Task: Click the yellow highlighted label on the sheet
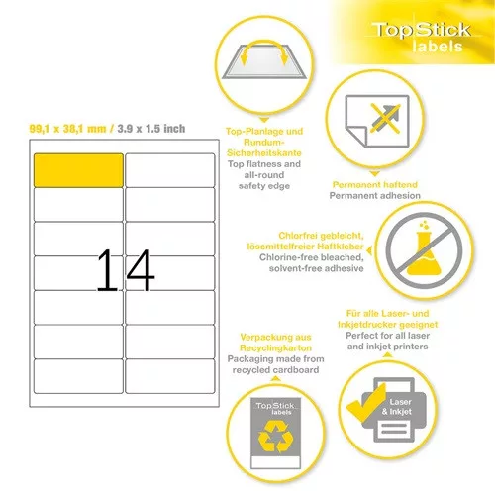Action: tap(78, 170)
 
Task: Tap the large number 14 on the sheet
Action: tap(126, 270)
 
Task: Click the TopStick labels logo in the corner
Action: tap(422, 37)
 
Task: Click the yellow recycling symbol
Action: tap(275, 437)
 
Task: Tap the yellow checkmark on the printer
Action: tap(365, 403)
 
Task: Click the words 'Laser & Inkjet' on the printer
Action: tap(398, 407)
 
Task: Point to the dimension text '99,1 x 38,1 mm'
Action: tap(67, 129)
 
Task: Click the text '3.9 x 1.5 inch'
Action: tap(151, 129)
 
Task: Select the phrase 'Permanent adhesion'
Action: tap(375, 196)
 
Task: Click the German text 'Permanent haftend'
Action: tap(375, 184)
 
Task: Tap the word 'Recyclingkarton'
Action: tap(275, 347)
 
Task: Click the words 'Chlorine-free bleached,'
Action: tap(312, 257)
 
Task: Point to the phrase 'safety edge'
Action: tap(264, 186)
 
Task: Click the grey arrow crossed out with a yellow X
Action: tap(385, 118)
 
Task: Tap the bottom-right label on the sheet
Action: tap(170, 376)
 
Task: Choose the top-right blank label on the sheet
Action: tap(170, 170)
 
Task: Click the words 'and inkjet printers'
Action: tap(388, 346)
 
